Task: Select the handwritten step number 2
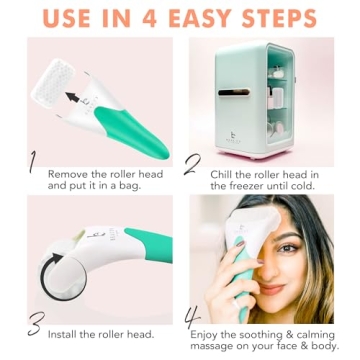[193, 163]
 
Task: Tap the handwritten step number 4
[194, 320]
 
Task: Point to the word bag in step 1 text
[141, 184]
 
